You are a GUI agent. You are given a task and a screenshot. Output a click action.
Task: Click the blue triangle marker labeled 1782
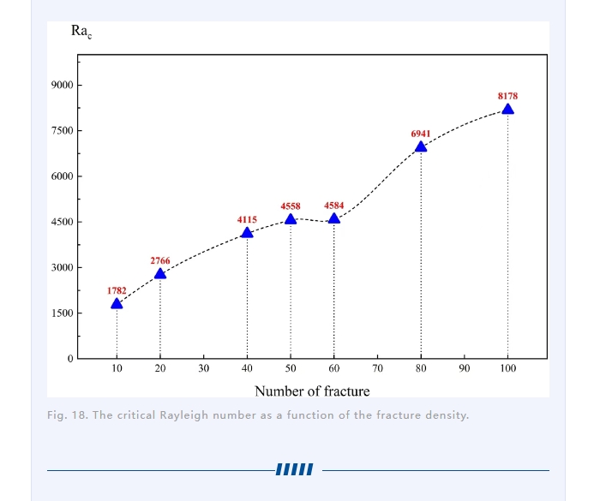[x=117, y=303]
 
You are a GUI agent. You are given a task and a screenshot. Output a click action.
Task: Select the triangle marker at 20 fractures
[x=160, y=274]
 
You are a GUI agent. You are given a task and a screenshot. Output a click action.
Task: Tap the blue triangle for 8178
[x=507, y=109]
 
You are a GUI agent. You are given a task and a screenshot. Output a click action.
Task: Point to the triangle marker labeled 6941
[x=421, y=146]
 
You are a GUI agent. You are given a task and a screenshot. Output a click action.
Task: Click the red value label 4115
[x=247, y=220]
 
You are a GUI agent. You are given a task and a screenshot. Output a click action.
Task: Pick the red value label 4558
[x=291, y=206]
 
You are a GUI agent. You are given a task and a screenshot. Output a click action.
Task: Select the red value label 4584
[x=334, y=206]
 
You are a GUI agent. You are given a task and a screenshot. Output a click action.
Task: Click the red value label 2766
[x=160, y=260]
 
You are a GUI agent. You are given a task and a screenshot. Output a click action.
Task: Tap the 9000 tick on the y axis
[x=62, y=86]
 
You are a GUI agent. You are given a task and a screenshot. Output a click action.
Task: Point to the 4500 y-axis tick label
[x=62, y=222]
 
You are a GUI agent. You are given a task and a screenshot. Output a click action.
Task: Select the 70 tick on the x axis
[x=377, y=368]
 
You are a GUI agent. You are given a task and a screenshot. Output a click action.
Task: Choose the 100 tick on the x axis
[x=507, y=368]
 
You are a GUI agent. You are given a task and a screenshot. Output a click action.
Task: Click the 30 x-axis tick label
[x=204, y=368]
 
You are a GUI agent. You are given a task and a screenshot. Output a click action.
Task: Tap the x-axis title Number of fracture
[x=312, y=391]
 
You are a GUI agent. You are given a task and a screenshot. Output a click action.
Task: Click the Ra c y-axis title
[x=81, y=32]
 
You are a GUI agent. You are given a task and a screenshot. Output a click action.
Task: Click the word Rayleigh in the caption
[x=193, y=415]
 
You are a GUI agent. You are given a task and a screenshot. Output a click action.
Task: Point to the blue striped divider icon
[x=295, y=469]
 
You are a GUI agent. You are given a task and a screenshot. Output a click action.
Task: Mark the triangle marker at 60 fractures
[x=334, y=218]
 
